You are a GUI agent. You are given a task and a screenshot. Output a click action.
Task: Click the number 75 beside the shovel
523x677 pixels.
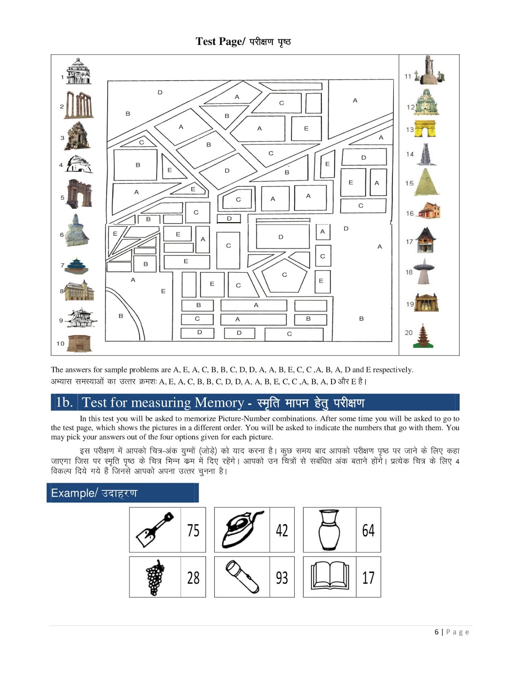(x=193, y=530)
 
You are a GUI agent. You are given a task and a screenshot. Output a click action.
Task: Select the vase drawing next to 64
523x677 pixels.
(x=329, y=529)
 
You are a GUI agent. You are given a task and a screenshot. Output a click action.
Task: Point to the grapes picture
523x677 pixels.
(x=155, y=577)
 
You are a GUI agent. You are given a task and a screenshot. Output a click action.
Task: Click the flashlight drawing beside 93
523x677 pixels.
(x=242, y=577)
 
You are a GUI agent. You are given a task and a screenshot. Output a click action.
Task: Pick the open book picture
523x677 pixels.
(x=330, y=576)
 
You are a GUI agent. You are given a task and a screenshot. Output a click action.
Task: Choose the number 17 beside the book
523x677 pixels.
(x=368, y=578)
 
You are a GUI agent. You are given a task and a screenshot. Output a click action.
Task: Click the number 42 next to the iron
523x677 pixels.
(x=282, y=530)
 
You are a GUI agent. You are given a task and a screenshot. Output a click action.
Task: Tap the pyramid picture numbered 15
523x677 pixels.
(x=427, y=182)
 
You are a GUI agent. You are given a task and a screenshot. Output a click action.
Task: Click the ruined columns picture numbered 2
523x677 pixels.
(x=79, y=105)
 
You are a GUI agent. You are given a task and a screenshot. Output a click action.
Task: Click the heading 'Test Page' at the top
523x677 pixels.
(x=220, y=41)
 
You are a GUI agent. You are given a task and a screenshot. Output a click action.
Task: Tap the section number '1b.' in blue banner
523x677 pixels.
(x=64, y=402)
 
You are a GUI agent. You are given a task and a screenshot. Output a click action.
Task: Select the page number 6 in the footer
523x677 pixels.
(x=437, y=632)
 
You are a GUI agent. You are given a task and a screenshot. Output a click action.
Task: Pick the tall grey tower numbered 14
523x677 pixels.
(x=425, y=154)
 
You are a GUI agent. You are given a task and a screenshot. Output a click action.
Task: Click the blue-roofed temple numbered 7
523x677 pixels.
(x=77, y=265)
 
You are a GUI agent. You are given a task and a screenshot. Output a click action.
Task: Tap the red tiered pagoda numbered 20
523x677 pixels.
(x=422, y=336)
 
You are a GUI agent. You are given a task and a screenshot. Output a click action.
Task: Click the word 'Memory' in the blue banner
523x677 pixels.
(x=219, y=402)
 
